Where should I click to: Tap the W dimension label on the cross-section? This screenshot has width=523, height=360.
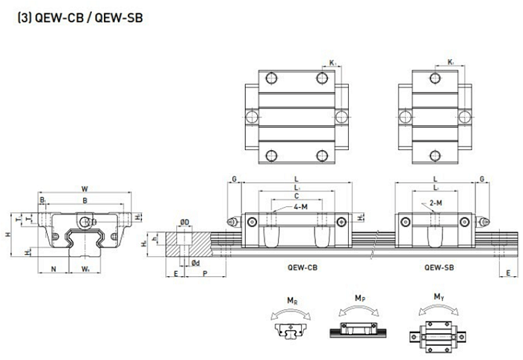(x=84, y=189)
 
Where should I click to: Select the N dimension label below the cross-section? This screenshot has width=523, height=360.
(x=53, y=268)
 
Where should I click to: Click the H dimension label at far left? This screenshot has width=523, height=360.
(x=7, y=235)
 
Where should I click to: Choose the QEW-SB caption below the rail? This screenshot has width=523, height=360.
(x=436, y=266)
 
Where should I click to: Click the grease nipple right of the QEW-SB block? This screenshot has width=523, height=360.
(x=486, y=222)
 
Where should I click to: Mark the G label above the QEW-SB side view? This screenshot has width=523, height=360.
(x=483, y=179)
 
